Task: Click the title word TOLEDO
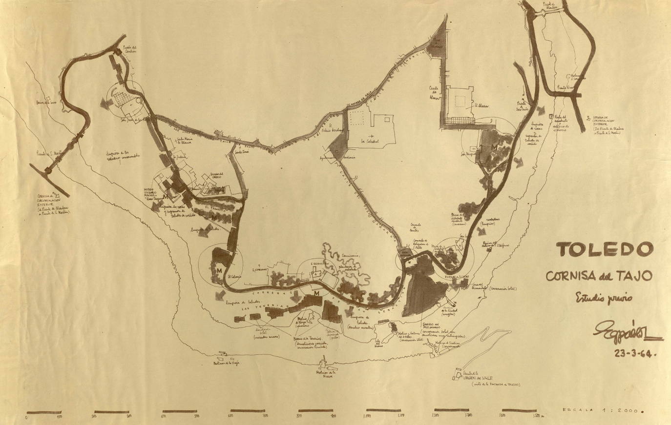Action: (x=605, y=250)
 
